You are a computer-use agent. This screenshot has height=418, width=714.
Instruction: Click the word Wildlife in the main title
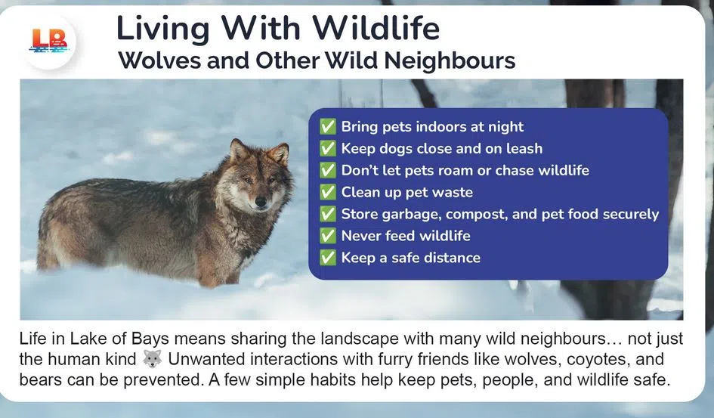coord(376,29)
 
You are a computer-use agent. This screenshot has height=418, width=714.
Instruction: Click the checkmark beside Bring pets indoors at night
coord(328,127)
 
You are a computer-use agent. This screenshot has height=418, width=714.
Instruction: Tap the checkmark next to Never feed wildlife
coord(328,236)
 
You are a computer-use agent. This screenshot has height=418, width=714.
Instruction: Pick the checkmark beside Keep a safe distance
coord(328,258)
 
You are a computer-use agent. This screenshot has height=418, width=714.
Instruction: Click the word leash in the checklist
coord(522,149)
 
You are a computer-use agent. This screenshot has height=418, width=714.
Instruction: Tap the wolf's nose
coord(261,203)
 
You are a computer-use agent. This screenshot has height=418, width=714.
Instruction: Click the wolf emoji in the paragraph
coord(152,359)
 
